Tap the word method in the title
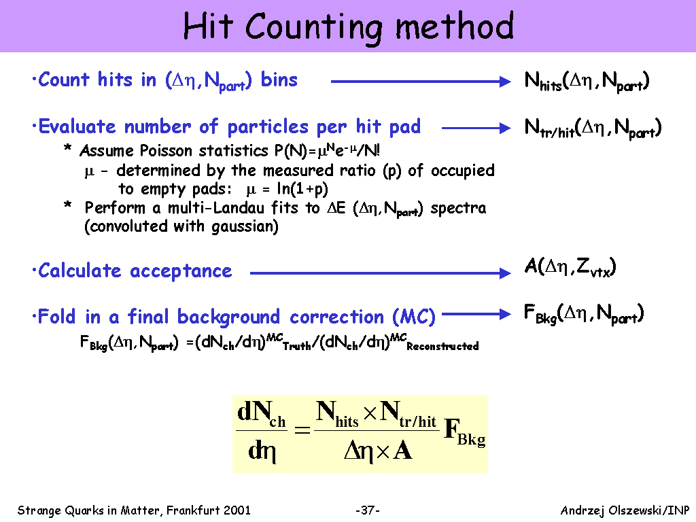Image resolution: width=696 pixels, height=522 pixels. pyautogui.click(x=454, y=27)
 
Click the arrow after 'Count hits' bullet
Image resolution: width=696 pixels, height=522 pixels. pyautogui.click(x=421, y=82)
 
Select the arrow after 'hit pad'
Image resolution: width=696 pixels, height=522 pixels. pyautogui.click(x=476, y=128)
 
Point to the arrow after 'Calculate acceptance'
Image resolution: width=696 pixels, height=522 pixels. pyautogui.click(x=381, y=273)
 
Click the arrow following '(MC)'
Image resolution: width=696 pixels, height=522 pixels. pyautogui.click(x=476, y=314)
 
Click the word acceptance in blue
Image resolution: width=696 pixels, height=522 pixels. pyautogui.click(x=181, y=271)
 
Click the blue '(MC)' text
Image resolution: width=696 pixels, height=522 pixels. pyautogui.click(x=414, y=317)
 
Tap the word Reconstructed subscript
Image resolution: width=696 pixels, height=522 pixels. pyautogui.click(x=442, y=346)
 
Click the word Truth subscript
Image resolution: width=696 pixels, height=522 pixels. pyautogui.click(x=297, y=346)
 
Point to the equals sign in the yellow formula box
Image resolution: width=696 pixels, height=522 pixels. pyautogui.click(x=302, y=430)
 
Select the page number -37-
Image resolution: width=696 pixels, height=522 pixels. pyautogui.click(x=368, y=510)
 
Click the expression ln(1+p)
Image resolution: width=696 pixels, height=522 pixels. pyautogui.click(x=302, y=189)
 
